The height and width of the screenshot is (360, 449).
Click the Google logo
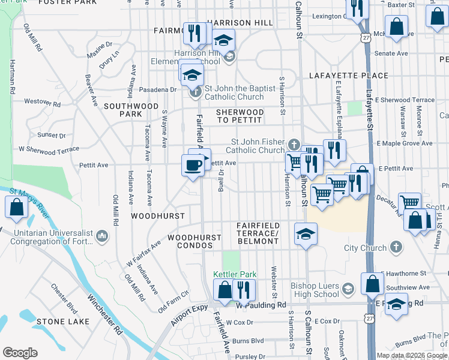[x=20, y=353]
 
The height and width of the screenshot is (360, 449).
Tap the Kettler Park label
[x=235, y=274]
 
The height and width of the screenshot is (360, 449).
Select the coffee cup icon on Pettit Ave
[x=193, y=166]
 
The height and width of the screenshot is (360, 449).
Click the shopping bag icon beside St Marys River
[x=16, y=208]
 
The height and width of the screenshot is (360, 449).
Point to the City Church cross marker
[x=396, y=247]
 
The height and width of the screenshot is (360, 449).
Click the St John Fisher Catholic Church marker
[x=294, y=145]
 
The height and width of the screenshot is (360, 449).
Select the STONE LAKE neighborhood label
[x=58, y=322]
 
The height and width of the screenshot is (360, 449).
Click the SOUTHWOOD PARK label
[x=122, y=109]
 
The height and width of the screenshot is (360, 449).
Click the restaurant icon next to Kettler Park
[x=244, y=290]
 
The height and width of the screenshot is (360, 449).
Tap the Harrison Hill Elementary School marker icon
[x=229, y=57]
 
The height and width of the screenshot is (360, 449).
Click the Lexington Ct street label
[x=322, y=16]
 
